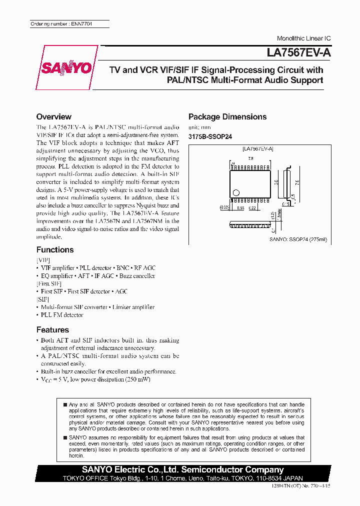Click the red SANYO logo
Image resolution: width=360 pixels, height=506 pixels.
tap(66, 67)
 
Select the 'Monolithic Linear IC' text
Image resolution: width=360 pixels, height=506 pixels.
tap(303, 38)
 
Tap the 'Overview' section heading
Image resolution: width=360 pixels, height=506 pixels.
tap(54, 116)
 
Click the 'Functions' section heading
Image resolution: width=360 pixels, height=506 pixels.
tap(55, 249)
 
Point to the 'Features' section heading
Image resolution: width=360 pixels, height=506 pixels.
tap(52, 329)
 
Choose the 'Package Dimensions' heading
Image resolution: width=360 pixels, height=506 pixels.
tap(227, 116)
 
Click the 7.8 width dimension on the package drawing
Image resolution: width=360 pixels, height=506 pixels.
tap(250, 158)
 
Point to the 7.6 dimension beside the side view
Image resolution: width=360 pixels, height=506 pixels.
tap(310, 182)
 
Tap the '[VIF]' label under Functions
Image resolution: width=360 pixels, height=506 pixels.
tap(43, 260)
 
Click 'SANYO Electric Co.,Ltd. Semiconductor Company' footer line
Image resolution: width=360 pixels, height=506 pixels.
tap(183, 469)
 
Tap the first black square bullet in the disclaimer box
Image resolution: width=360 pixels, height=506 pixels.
tap(64, 403)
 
